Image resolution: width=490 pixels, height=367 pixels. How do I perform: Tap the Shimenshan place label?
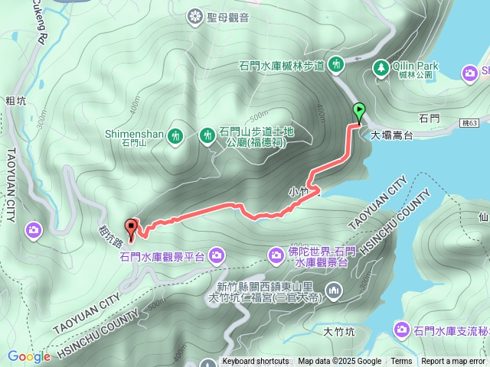click(134, 135)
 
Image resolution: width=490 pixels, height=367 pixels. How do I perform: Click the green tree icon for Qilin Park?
click(381, 70)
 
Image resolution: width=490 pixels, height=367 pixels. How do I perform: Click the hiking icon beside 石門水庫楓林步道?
click(335, 67)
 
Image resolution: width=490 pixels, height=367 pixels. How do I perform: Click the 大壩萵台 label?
click(392, 135)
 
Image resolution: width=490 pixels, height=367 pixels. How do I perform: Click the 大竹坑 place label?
click(338, 332)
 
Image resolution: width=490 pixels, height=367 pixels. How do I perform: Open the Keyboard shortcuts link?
click(256, 362)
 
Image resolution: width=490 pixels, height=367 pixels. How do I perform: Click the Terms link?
click(401, 362)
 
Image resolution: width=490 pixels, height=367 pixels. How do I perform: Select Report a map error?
click(453, 362)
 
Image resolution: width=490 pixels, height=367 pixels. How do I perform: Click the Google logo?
click(28, 356)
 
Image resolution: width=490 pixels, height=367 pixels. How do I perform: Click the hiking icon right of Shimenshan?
click(206, 136)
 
